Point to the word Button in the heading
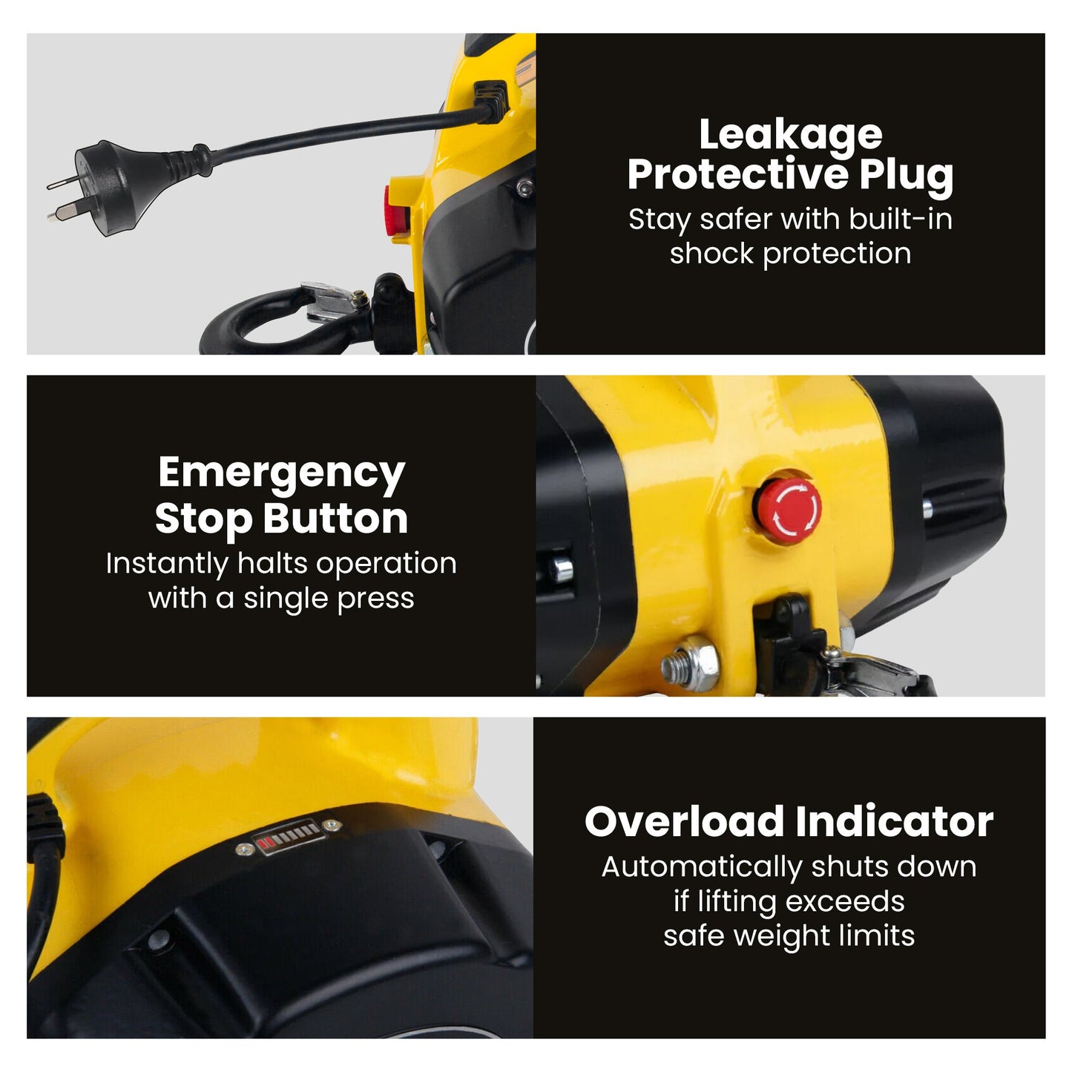(335, 519)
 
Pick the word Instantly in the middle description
(167, 565)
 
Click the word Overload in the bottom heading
(684, 821)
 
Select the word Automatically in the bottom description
(702, 867)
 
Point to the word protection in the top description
(837, 254)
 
